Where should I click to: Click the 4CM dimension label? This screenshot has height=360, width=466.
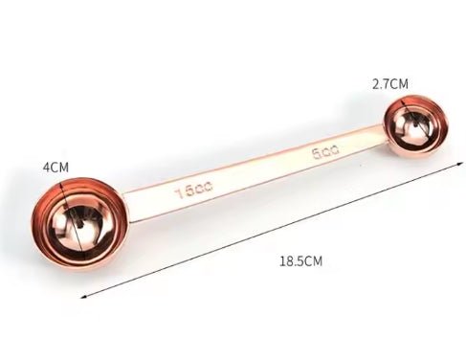[55, 168]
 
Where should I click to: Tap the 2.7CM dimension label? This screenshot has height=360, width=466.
[390, 84]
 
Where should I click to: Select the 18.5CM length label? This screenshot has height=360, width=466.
[301, 261]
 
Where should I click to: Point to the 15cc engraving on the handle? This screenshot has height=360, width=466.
[193, 190]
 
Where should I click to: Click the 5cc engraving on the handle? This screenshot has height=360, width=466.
[325, 151]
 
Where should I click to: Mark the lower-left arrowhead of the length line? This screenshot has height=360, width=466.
[83, 297]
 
